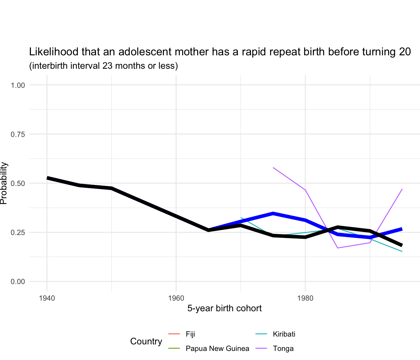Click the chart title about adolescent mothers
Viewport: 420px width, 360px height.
point(220,52)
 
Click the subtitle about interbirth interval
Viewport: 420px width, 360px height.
point(103,66)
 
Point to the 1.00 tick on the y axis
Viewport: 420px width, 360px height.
point(18,85)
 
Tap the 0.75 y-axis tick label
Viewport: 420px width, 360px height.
point(18,134)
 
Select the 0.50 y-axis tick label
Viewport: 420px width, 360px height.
point(18,183)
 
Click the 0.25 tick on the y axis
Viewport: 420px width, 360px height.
point(18,232)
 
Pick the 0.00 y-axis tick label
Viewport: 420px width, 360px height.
point(18,282)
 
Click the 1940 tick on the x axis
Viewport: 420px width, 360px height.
point(47,298)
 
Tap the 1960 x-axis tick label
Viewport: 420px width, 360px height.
point(176,298)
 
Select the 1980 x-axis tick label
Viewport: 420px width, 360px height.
point(305,298)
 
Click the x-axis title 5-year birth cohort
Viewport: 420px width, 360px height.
point(224,308)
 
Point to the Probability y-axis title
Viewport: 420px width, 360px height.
point(4,183)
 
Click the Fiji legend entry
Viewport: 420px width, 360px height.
point(190,334)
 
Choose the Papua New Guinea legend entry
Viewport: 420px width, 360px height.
point(217,348)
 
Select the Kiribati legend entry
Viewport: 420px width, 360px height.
point(284,334)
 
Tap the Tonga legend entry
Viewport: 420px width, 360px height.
point(283,348)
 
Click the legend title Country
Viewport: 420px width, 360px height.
point(146,341)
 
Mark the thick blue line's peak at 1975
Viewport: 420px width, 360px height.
point(273,214)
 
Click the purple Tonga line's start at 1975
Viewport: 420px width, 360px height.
point(273,167)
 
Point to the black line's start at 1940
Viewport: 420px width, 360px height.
point(47,178)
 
